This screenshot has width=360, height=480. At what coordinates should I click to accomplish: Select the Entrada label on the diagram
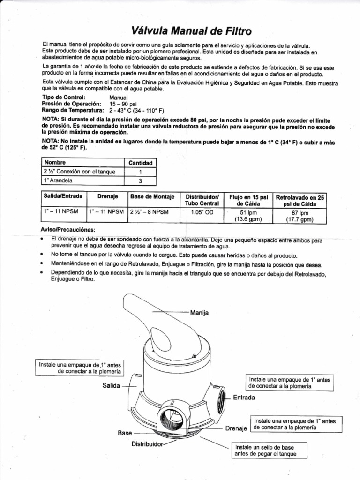(x=244, y=397)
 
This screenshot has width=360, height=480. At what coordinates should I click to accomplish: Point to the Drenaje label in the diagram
(x=236, y=428)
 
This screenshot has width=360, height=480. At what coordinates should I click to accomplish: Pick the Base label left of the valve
(x=125, y=433)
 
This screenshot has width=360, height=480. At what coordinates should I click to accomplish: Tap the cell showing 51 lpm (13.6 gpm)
(x=248, y=215)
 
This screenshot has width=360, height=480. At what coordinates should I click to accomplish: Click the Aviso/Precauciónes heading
(x=68, y=230)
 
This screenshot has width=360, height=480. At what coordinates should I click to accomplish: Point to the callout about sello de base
(x=263, y=450)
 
